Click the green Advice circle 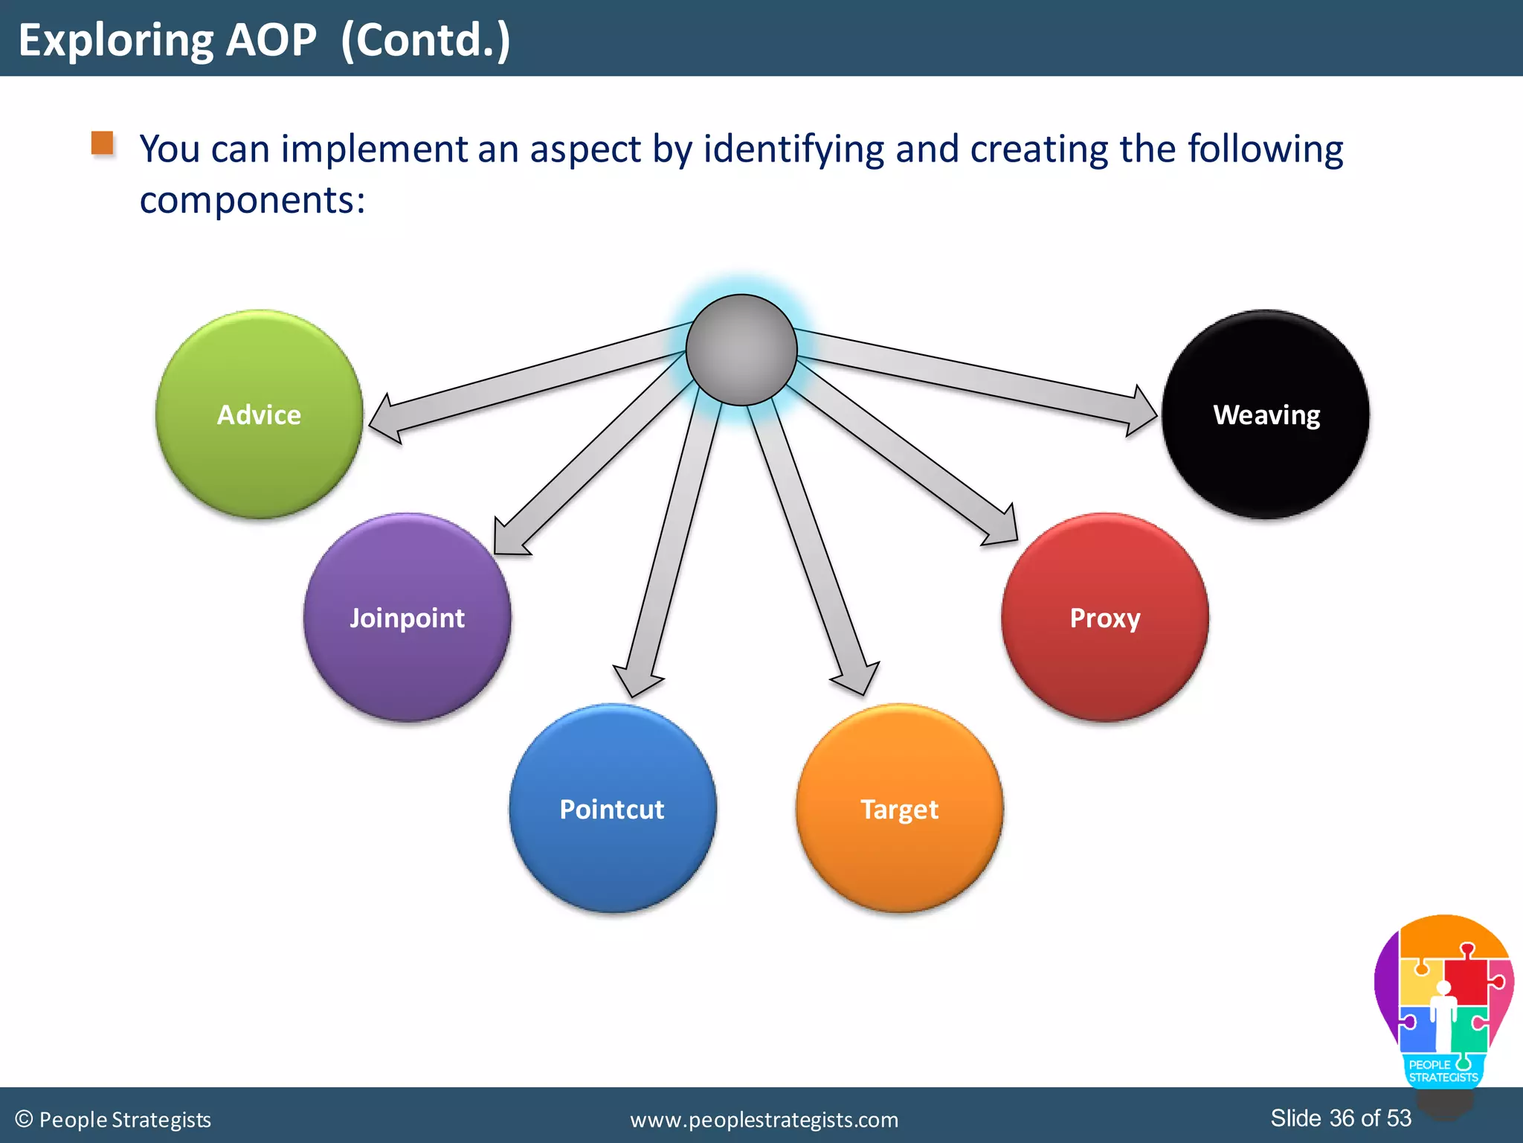click(259, 414)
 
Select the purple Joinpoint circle click(407, 618)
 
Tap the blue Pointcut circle click(613, 808)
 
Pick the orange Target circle click(899, 808)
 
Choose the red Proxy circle click(1105, 618)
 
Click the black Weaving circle click(1266, 414)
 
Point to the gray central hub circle click(741, 350)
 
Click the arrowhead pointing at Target click(857, 676)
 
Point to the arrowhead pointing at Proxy click(1002, 529)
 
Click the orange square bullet click(103, 143)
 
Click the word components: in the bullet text click(253, 200)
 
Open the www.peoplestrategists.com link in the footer click(764, 1119)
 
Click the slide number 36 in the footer click(1342, 1118)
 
